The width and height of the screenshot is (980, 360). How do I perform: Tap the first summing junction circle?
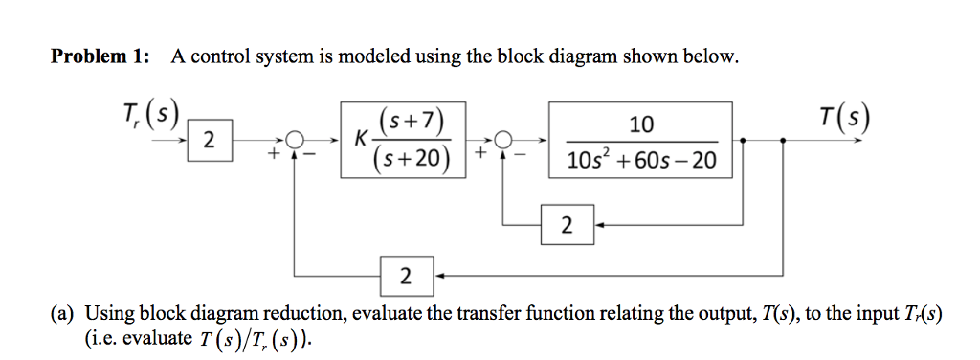297,140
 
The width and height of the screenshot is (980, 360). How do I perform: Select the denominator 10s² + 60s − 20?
640,160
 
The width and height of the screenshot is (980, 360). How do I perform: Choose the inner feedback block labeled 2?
568,226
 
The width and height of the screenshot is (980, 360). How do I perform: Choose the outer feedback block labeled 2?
406,276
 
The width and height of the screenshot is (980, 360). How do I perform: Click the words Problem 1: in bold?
100,56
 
